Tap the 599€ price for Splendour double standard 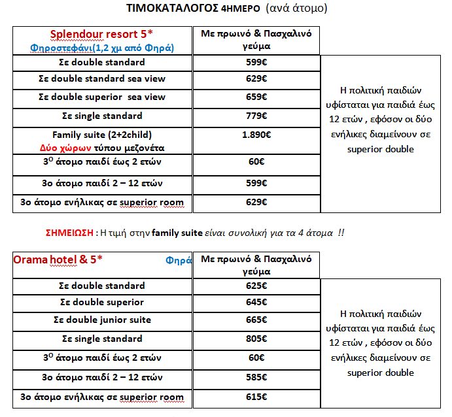click(256, 63)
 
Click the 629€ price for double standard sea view click(256, 79)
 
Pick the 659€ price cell click(256, 97)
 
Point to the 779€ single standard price click(256, 116)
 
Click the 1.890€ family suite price click(256, 135)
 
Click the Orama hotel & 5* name click(58, 259)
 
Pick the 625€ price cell click(256, 286)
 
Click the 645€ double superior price click(256, 303)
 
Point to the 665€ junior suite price click(256, 320)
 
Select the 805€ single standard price click(256, 339)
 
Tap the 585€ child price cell click(256, 377)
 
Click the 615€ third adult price click(256, 397)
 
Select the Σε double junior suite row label click(101, 320)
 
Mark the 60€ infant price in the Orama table click(256, 358)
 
